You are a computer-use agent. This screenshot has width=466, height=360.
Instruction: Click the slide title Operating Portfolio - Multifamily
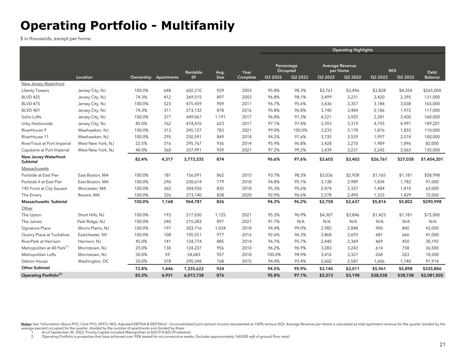tap(127, 26)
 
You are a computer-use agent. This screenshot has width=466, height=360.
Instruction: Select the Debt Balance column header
tap(432, 75)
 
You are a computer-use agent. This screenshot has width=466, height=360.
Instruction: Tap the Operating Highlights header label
tap(352, 50)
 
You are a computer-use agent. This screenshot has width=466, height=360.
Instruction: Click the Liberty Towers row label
tap(35, 90)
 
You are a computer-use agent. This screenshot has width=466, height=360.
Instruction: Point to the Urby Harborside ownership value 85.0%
tap(142, 124)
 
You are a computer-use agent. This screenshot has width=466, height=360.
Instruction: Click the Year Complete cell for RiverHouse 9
tap(246, 130)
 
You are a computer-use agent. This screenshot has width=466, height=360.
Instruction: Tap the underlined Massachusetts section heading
tap(35, 169)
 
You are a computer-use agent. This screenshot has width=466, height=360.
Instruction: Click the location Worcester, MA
tap(92, 188)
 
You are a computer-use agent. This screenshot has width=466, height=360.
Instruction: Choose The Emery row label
tap(31, 195)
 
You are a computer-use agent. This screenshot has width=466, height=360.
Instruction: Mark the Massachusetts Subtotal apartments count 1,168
tap(167, 202)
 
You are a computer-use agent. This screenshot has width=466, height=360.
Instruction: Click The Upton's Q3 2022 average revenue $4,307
tap(326, 215)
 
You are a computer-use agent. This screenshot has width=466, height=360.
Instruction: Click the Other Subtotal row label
tap(36, 268)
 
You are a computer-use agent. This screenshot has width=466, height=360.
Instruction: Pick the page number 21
tap(442, 345)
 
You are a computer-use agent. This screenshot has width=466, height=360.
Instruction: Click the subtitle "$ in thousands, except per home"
tap(55, 39)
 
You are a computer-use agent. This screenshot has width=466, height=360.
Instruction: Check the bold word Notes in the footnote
tap(26, 324)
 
